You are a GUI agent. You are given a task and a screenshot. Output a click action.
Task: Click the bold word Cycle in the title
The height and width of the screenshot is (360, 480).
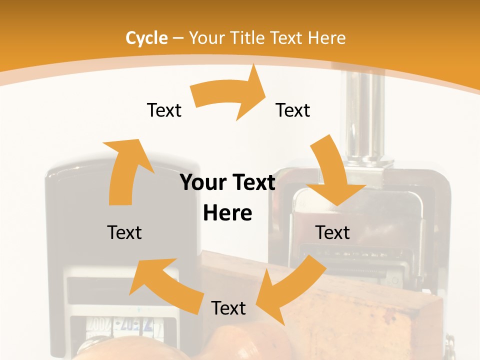click(x=146, y=38)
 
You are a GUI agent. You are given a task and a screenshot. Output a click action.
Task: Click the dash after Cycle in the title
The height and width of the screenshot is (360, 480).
click(x=178, y=38)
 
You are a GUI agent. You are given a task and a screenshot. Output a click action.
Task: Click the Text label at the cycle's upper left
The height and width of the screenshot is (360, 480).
click(x=164, y=110)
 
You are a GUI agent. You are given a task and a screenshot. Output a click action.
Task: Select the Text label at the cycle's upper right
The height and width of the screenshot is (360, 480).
click(x=293, y=110)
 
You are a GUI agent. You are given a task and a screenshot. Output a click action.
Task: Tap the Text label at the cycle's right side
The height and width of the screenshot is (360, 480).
click(x=332, y=232)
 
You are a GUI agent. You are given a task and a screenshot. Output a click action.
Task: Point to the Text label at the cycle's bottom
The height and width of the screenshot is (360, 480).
click(x=228, y=308)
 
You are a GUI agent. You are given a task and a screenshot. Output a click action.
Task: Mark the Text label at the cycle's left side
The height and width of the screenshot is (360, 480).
click(x=124, y=232)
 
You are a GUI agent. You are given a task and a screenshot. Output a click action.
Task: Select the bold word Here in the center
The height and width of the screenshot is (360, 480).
click(x=227, y=213)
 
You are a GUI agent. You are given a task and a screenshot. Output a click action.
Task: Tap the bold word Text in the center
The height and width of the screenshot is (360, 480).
click(x=253, y=183)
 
